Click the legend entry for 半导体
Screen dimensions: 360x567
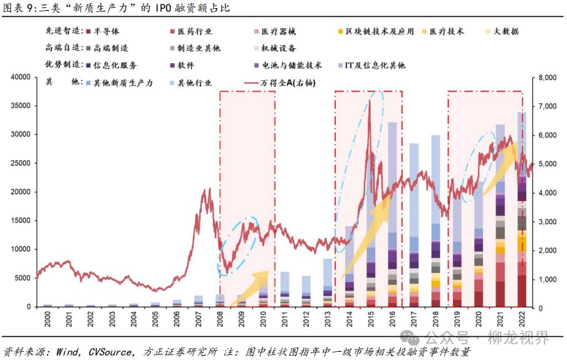tap(107, 31)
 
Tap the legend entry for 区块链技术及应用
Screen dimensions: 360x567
tap(380, 31)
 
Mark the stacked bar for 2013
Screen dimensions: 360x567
tap(328, 282)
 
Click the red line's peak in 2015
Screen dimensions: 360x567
tap(370, 100)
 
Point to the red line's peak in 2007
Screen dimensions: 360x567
tap(207, 188)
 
